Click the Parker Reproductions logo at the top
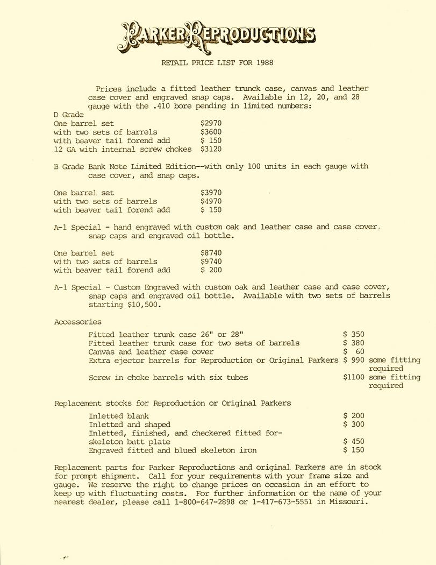coord(218,34)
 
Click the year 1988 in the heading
coord(264,63)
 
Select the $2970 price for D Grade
coord(211,123)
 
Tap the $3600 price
coord(211,132)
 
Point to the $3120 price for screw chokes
coord(211,149)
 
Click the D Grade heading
coord(69,115)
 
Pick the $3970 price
coord(211,193)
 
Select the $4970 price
coord(211,201)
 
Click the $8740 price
coord(211,253)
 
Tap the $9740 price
coord(211,262)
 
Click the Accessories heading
coord(78,322)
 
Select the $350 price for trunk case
coord(354,335)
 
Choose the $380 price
coord(354,343)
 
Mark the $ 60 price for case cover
coord(354,352)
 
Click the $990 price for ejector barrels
coord(354,360)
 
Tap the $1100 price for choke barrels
coord(354,377)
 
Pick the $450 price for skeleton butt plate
coord(354,442)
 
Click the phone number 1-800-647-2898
coord(204,502)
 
